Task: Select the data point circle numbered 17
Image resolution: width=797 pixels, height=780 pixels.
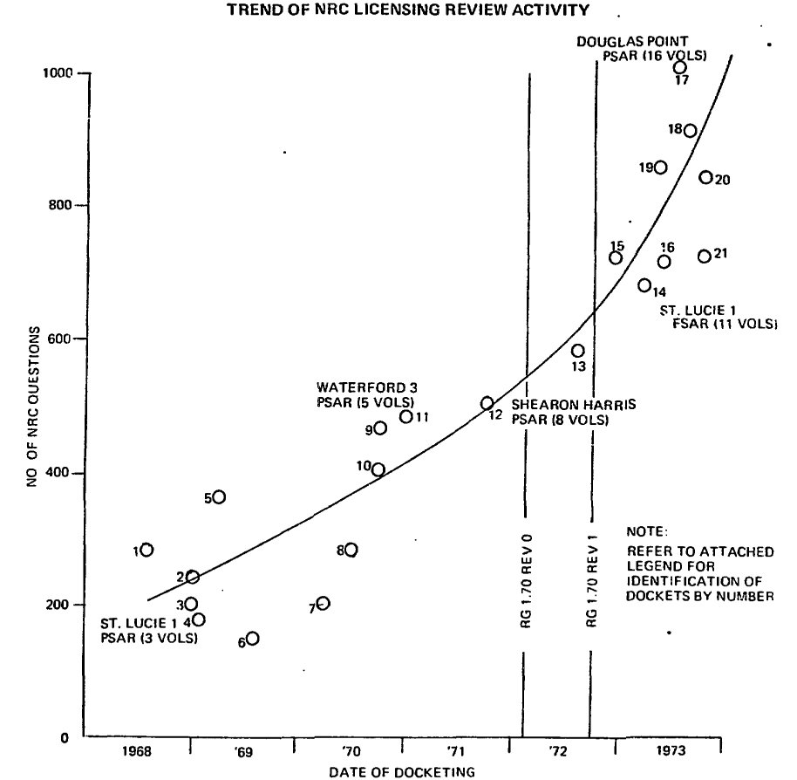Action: pos(680,67)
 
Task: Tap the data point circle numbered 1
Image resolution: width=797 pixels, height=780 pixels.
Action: pos(146,550)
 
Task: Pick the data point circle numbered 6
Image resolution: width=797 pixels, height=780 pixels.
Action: pos(252,638)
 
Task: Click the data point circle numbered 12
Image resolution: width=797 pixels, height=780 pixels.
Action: pos(487,403)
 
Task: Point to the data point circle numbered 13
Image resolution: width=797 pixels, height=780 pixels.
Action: pos(577,351)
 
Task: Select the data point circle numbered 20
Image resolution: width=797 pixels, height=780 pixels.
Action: pos(705,177)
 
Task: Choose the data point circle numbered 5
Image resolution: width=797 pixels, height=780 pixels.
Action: pos(219,496)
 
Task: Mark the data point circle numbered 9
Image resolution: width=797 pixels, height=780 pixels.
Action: pos(380,428)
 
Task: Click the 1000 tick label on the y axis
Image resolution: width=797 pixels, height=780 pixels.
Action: pos(57,73)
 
